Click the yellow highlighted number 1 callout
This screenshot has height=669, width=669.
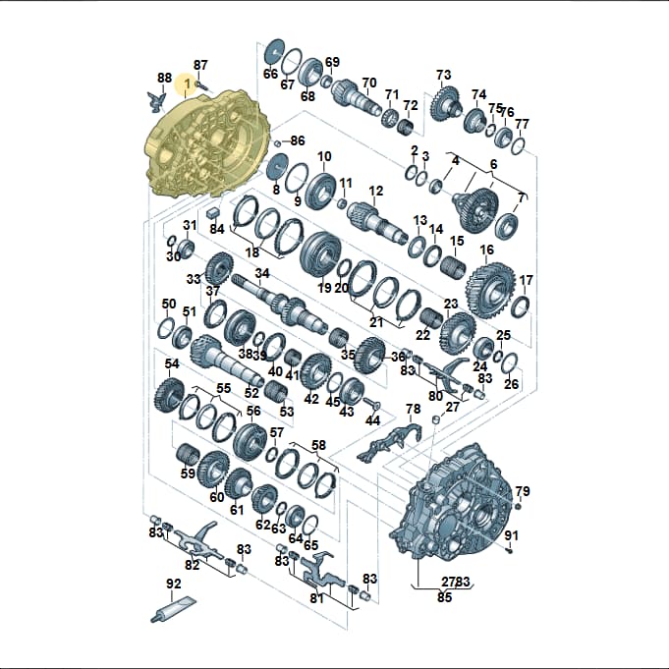pyautogui.click(x=187, y=84)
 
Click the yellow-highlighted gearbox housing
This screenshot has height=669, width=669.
pyautogui.click(x=207, y=142)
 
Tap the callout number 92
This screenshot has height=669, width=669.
pyautogui.click(x=173, y=584)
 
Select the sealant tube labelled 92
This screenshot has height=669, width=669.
pyautogui.click(x=173, y=610)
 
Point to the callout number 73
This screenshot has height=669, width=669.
pyautogui.click(x=444, y=75)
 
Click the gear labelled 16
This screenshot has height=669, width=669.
pyautogui.click(x=490, y=292)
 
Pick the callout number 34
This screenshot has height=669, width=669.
pyautogui.click(x=262, y=273)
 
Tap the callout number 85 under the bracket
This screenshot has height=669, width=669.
pyautogui.click(x=444, y=597)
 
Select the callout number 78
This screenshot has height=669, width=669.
pyautogui.click(x=414, y=409)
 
